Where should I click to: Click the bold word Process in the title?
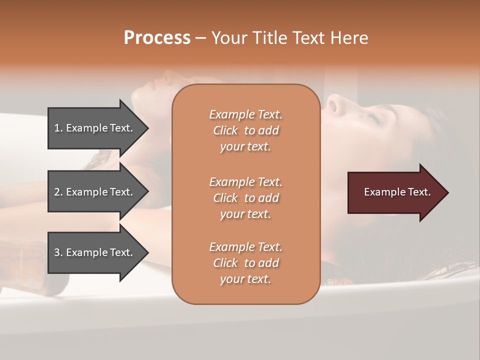click(157, 38)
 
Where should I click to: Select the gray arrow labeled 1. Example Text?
click(95, 128)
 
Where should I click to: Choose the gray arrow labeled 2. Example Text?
click(95, 192)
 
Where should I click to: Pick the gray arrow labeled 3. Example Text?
click(95, 252)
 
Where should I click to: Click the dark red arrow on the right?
click(395, 192)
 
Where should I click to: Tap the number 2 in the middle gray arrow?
click(57, 192)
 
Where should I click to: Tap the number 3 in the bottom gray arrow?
click(57, 252)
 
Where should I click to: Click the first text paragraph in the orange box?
click(245, 130)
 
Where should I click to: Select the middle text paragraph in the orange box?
click(245, 198)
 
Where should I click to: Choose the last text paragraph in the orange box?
click(245, 263)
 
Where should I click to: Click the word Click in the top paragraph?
click(225, 130)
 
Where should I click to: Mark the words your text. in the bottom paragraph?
click(245, 279)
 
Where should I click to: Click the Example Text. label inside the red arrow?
click(397, 192)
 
